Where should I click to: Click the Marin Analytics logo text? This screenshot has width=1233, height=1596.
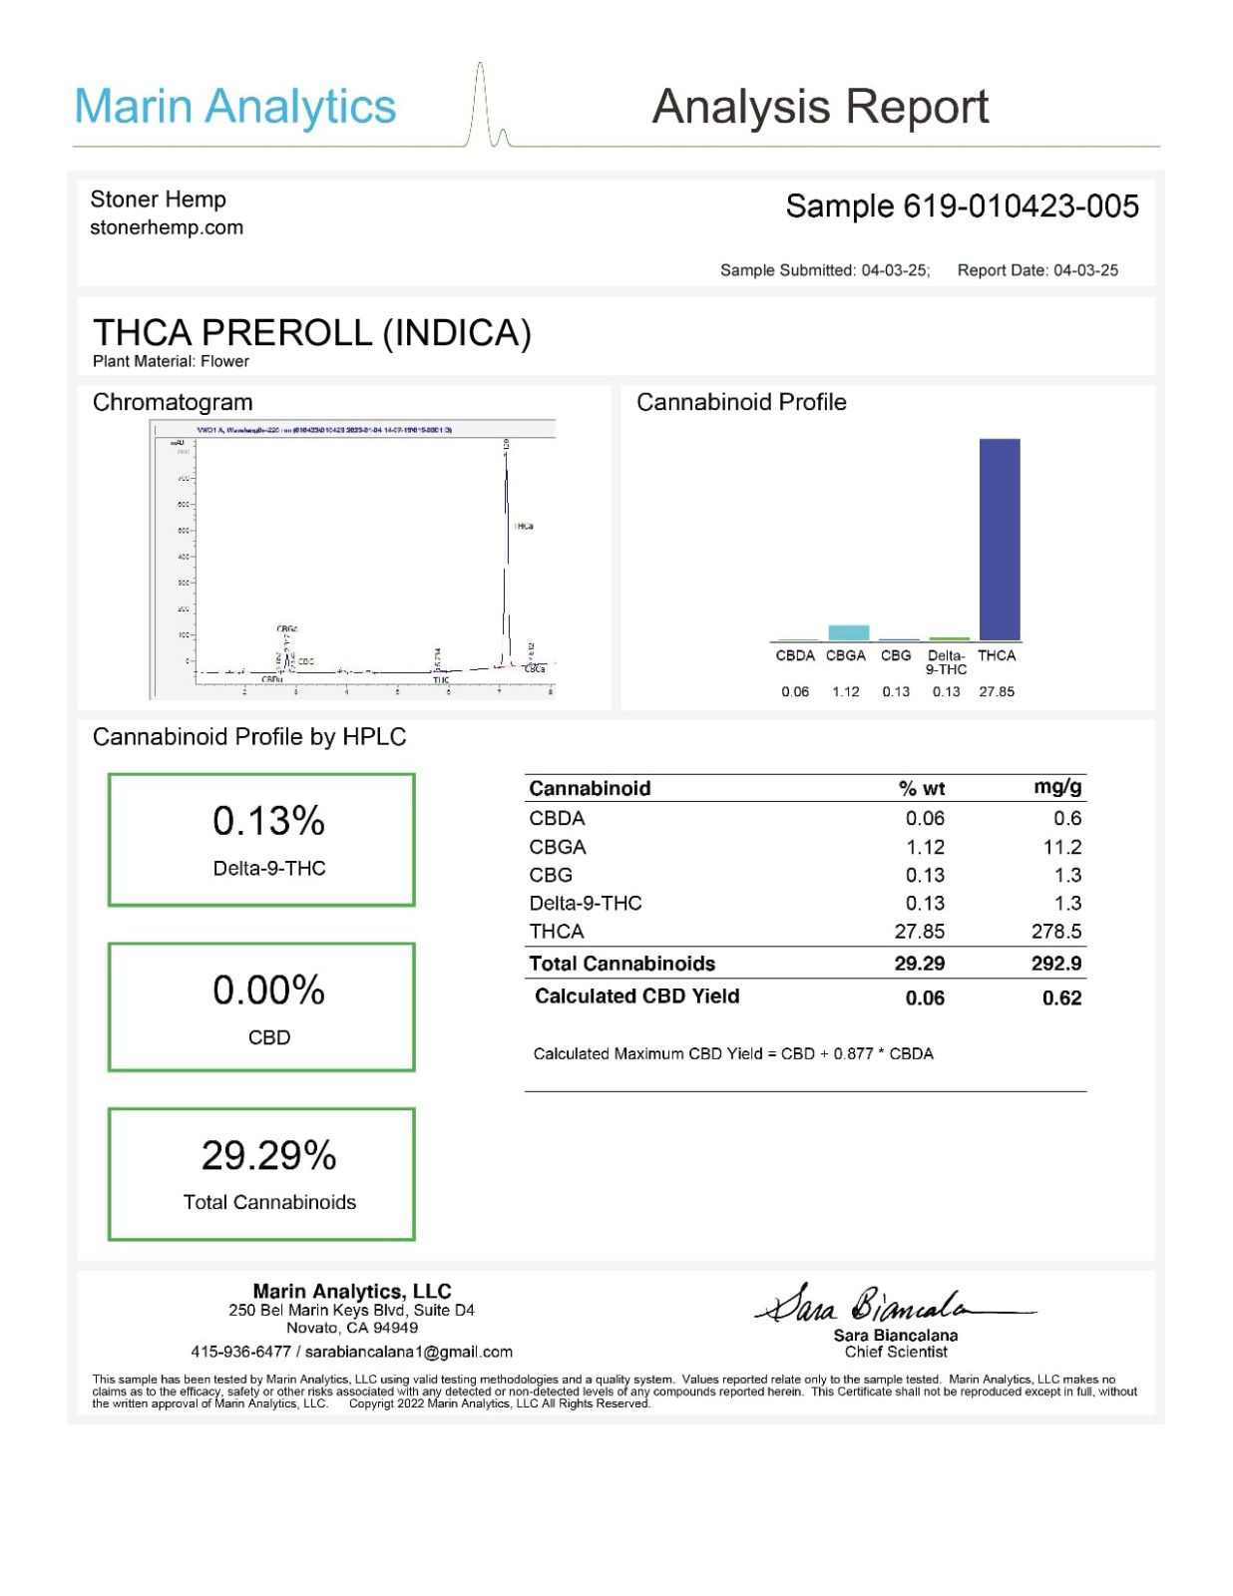(235, 107)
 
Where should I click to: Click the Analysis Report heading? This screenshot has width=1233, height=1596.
(820, 107)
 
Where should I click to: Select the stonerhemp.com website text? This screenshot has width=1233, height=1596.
(167, 227)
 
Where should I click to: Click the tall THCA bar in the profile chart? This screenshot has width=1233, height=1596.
(999, 539)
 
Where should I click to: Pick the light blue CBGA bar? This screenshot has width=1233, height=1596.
(848, 632)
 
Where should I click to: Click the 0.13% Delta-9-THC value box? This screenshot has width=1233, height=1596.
(261, 839)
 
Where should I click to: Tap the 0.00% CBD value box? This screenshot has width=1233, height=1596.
(261, 1006)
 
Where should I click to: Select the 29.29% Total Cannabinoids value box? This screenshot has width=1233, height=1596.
(261, 1173)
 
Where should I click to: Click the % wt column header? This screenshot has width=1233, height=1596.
(922, 788)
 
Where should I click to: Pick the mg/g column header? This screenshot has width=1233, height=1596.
(1057, 787)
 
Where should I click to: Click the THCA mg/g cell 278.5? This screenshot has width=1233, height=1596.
(1056, 932)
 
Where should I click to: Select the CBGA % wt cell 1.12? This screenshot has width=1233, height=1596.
(925, 847)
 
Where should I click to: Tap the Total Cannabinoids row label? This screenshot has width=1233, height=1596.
(621, 964)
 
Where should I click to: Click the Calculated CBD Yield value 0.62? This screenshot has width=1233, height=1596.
(1061, 997)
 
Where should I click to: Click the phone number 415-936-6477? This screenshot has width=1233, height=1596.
(240, 1352)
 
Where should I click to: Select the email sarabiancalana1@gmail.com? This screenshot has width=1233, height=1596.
(409, 1352)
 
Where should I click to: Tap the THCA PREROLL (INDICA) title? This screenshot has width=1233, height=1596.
(311, 333)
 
